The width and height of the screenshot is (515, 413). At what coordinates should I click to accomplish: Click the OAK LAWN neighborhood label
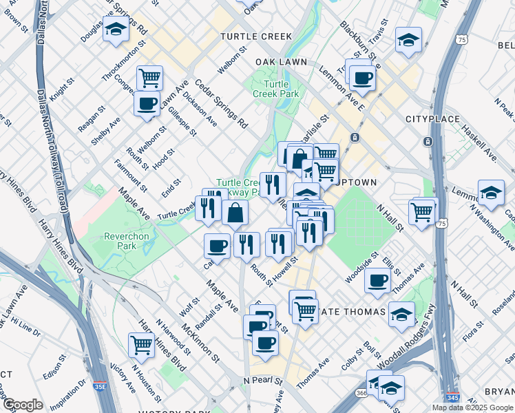(x=280, y=62)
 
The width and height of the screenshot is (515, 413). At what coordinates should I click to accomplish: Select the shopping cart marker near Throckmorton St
(x=149, y=77)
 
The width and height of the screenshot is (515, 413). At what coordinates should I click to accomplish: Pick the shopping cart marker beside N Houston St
(x=141, y=344)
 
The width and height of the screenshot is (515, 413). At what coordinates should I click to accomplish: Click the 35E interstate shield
(x=101, y=388)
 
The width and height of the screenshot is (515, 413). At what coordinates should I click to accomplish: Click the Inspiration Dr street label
(x=68, y=389)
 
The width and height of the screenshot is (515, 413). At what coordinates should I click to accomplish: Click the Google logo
(x=23, y=405)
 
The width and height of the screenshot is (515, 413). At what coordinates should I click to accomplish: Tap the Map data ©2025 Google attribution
(x=472, y=407)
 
